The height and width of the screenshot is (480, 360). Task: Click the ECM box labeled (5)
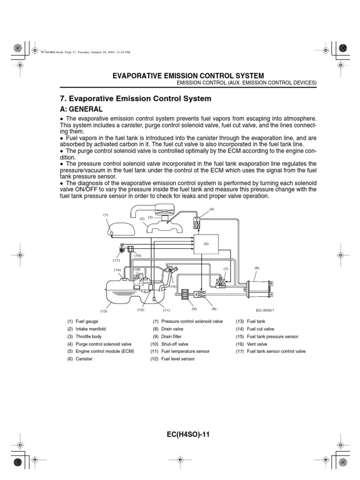(206, 244)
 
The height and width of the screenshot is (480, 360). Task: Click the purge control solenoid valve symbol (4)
(197, 223)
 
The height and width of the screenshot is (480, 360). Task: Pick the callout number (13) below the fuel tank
(104, 311)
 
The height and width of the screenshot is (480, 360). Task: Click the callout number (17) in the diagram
(116, 260)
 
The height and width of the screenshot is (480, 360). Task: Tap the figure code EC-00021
(264, 310)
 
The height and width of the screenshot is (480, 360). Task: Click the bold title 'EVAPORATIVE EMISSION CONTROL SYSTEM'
(187, 75)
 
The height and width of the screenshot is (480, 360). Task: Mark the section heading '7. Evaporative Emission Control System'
(134, 99)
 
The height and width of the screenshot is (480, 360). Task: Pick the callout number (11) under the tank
(166, 310)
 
